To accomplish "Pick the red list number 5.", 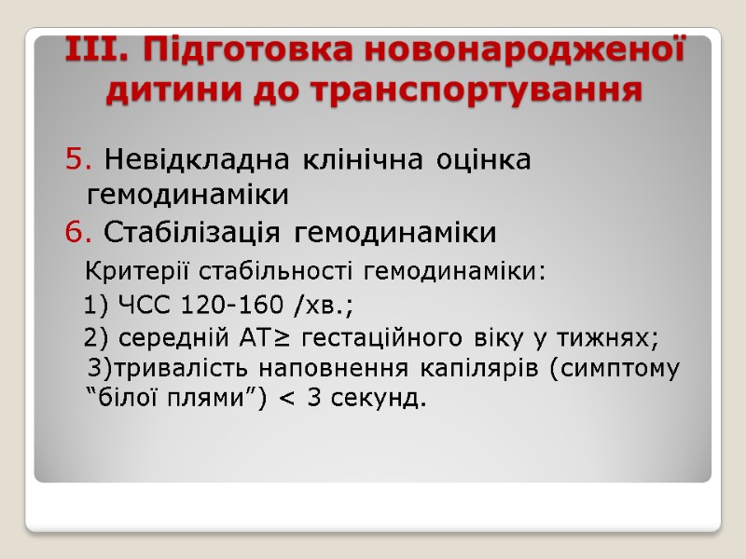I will tap(76, 160).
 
